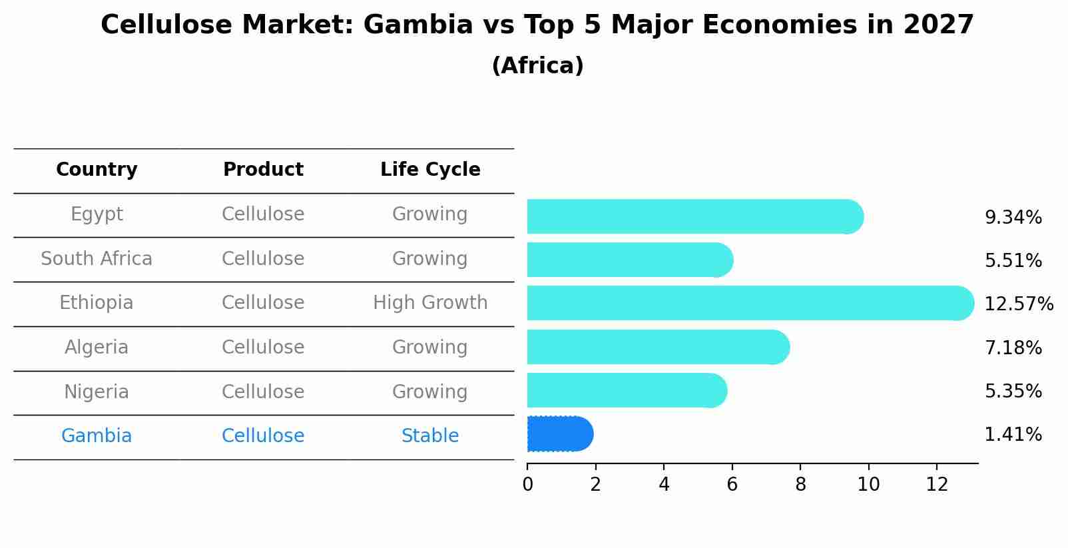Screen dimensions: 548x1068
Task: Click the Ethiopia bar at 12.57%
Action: pos(750,303)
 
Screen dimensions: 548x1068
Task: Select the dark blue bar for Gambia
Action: pos(559,434)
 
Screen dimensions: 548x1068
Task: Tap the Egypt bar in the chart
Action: pos(695,216)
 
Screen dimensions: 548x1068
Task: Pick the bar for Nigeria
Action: pos(627,390)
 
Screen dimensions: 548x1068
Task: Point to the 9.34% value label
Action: pos(1013,218)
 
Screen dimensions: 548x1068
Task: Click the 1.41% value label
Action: pos(1013,435)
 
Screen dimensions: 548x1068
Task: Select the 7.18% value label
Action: pos(1013,348)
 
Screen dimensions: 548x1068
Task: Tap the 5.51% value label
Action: pos(1013,261)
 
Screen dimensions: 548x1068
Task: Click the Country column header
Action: pos(97,170)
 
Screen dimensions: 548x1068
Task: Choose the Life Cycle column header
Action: pos(430,170)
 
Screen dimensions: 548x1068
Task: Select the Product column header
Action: pos(263,170)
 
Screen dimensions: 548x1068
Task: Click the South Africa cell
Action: pos(97,258)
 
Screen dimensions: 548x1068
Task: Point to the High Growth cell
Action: pos(430,303)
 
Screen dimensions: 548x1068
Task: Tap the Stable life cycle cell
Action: pos(430,436)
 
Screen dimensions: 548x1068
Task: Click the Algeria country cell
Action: pos(97,348)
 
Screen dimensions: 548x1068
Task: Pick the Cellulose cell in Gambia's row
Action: pos(263,436)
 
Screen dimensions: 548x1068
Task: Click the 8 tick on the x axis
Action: pos(800,485)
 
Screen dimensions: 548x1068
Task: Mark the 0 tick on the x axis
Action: pos(527,485)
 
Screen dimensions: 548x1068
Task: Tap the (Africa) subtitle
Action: pos(537,66)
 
